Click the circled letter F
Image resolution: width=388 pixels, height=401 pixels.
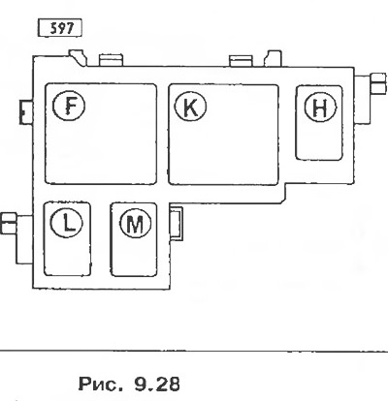click(69, 106)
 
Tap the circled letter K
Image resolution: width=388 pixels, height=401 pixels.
click(190, 107)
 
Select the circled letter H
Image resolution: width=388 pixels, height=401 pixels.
click(320, 108)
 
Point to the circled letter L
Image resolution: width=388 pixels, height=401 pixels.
click(67, 223)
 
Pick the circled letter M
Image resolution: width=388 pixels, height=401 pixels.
click(135, 224)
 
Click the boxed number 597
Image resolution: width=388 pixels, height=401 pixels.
click(60, 28)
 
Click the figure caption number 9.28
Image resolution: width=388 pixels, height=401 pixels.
click(156, 384)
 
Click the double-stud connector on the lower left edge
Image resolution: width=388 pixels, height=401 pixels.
click(8, 223)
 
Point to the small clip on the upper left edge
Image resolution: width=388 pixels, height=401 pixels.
click(26, 112)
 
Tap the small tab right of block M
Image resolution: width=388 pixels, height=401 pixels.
click(177, 224)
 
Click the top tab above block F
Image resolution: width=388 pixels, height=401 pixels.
click(112, 60)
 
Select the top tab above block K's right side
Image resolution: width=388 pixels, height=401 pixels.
click(241, 61)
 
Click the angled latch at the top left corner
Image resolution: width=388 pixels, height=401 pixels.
click(78, 57)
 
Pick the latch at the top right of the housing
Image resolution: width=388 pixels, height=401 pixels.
click(273, 58)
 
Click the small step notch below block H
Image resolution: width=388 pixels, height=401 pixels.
click(285, 193)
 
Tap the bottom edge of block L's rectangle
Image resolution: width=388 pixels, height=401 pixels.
click(67, 275)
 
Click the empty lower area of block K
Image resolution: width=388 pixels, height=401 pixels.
click(223, 155)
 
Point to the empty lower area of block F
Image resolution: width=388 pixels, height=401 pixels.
click(101, 155)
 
